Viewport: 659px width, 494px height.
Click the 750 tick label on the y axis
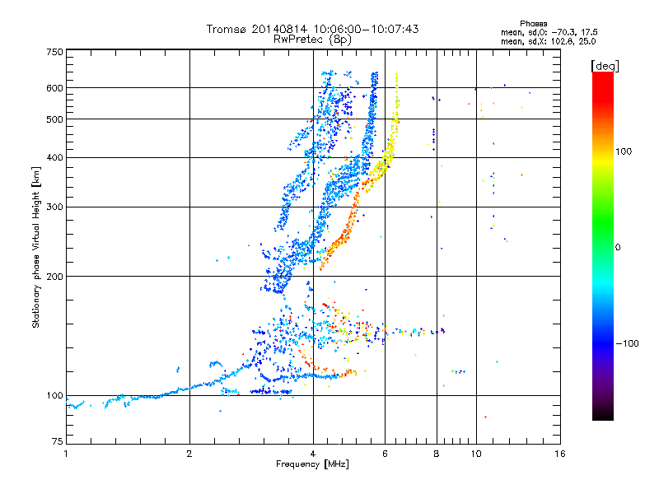pos(54,52)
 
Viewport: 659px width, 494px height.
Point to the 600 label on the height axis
pos(54,88)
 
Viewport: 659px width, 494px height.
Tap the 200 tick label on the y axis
pos(54,277)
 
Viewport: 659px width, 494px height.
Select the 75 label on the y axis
pos(58,441)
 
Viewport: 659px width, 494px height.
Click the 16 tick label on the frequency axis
pos(560,454)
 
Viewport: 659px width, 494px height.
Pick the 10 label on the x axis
pos(476,454)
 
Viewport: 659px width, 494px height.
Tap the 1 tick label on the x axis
pos(66,454)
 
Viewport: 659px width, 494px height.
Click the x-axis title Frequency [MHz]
pos(312,464)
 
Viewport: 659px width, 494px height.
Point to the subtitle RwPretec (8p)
pos(312,40)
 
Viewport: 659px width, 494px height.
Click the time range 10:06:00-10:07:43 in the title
pos(366,29)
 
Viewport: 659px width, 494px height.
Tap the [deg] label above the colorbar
pos(605,66)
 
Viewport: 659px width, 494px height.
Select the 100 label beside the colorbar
pos(624,151)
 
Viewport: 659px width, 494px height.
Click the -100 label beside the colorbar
pos(627,343)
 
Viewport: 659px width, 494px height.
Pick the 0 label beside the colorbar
pos(618,248)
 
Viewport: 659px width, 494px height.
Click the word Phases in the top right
pos(533,24)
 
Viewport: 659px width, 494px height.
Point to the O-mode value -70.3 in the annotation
pos(564,32)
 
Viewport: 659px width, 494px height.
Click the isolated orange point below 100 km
pos(485,417)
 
